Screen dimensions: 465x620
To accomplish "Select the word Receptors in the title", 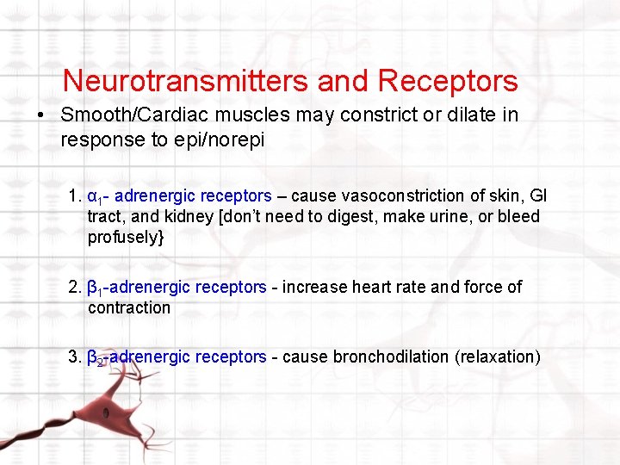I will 447,81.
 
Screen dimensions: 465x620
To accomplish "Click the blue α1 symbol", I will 96,197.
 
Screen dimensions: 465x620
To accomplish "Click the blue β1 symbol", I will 95,288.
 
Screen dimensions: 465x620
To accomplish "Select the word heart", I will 367,287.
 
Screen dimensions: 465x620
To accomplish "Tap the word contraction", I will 129,307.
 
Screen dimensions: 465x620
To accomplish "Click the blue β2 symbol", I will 96,357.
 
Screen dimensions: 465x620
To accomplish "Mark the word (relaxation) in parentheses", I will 498,356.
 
